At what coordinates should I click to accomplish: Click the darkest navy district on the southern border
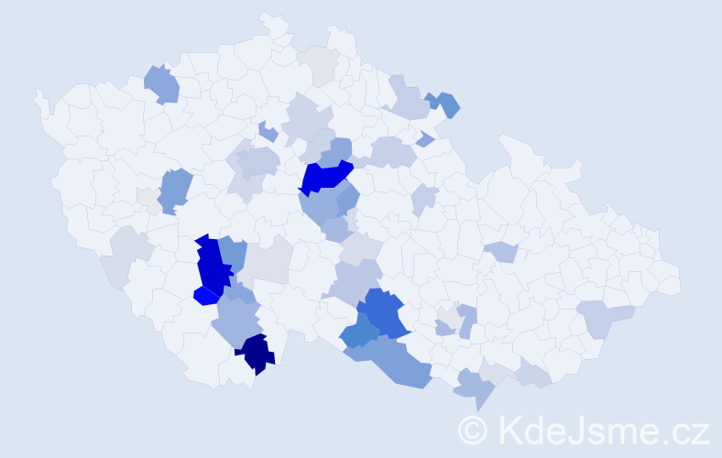[x=256, y=354]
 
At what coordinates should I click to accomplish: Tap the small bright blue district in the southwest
[x=206, y=295]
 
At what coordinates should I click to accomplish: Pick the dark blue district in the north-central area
[x=324, y=175]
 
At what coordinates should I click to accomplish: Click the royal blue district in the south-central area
[x=382, y=311]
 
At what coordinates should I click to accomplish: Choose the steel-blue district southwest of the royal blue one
[x=358, y=333]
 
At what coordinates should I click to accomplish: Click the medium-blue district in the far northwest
[x=162, y=84]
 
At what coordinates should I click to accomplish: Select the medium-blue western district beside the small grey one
[x=174, y=190]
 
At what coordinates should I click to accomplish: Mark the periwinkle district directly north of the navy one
[x=237, y=322]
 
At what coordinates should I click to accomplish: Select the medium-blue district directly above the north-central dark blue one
[x=340, y=149]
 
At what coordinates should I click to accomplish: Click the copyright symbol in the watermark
[x=472, y=431]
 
